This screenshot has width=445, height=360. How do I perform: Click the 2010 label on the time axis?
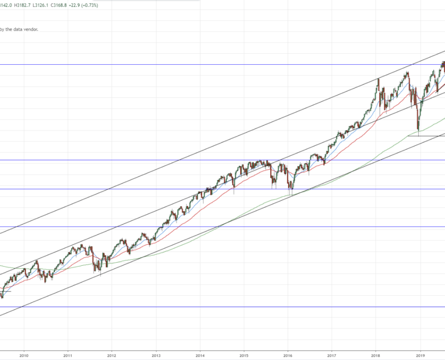[x=24, y=356]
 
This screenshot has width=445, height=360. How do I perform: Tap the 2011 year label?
[x=67, y=356]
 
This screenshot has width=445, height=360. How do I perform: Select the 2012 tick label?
[x=112, y=356]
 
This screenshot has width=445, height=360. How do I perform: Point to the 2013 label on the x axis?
[x=156, y=356]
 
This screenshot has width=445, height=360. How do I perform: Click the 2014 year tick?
[x=200, y=356]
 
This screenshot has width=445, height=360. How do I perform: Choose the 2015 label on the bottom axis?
[x=244, y=356]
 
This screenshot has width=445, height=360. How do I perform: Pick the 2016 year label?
[x=288, y=356]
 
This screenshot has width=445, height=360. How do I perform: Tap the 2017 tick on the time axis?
[x=332, y=356]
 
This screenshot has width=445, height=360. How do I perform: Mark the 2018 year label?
[x=376, y=356]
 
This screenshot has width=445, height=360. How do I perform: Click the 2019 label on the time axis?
[x=420, y=356]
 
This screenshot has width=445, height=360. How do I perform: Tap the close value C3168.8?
[x=66, y=5]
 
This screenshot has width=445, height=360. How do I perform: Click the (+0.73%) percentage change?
[x=104, y=5]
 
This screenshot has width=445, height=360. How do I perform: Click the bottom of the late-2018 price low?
[x=418, y=135]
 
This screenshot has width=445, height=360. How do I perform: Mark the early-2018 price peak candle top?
[x=378, y=78]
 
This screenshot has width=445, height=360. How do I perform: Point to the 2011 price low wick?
[x=100, y=275]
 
